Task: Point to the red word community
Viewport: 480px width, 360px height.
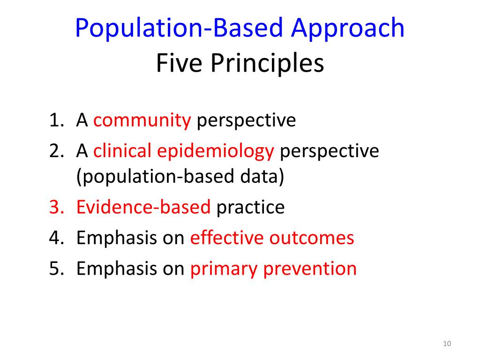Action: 142,121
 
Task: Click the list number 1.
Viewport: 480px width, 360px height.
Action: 55,121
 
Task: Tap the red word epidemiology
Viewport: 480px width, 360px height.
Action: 216,151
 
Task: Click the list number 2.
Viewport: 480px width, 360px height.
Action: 55,151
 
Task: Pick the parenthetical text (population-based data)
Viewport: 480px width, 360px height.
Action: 180,178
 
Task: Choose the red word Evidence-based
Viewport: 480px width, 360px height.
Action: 143,207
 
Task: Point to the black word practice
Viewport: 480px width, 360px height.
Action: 250,207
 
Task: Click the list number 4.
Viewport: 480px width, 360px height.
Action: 55,238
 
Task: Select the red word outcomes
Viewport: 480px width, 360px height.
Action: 312,238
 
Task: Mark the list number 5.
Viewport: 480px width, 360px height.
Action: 55,269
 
